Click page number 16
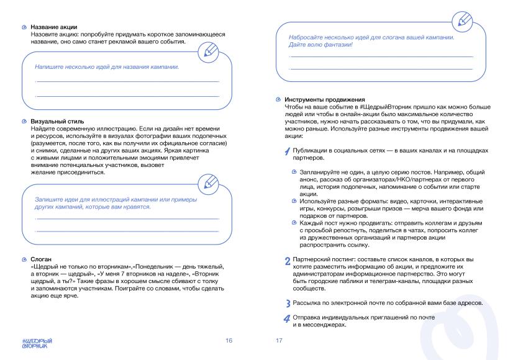point(229,340)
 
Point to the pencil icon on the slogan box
point(460,20)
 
